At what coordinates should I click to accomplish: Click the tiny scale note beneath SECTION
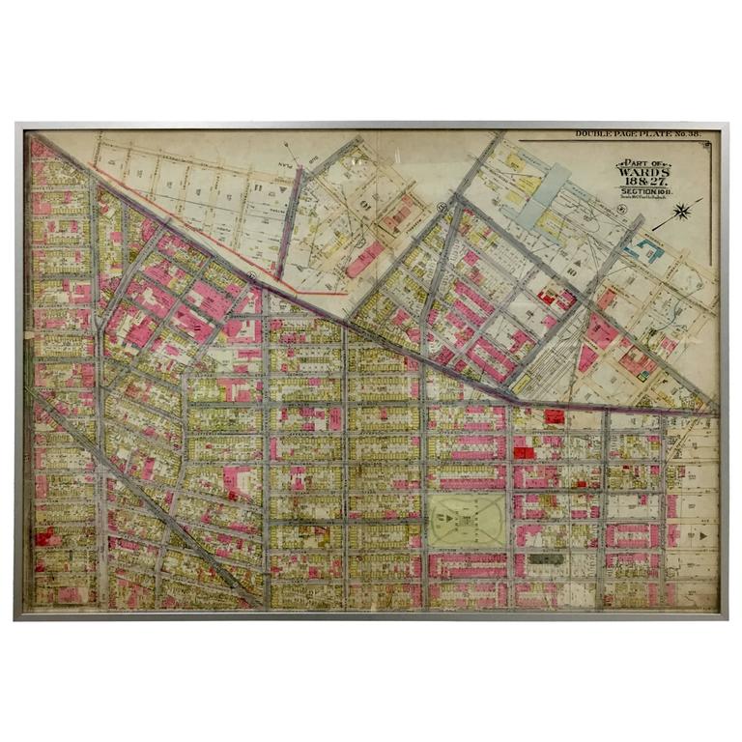pyautogui.click(x=643, y=197)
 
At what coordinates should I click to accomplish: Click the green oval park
pyautogui.click(x=468, y=523)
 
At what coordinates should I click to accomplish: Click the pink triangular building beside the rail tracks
pyautogui.click(x=586, y=357)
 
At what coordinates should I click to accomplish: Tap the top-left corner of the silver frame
pyautogui.click(x=16, y=125)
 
